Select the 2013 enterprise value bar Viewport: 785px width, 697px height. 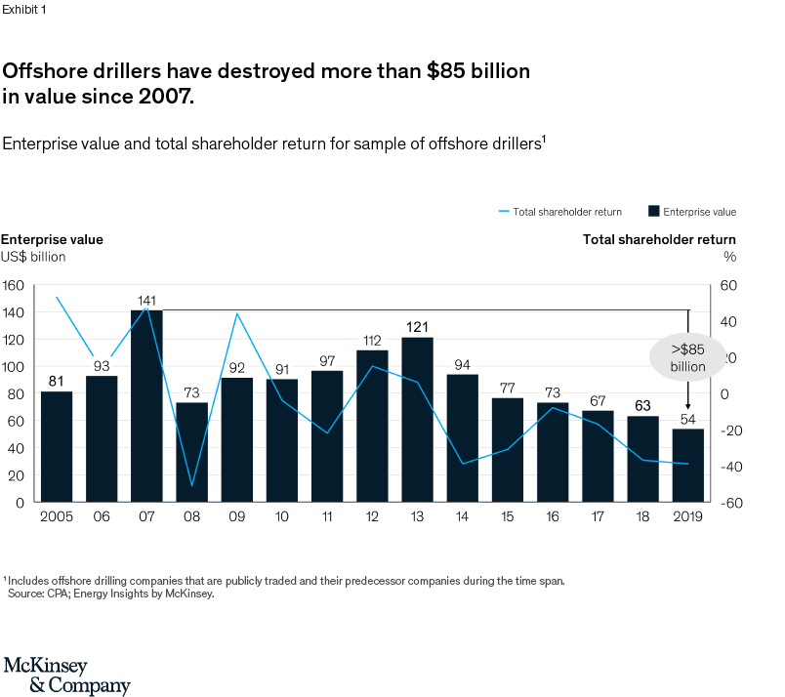point(418,420)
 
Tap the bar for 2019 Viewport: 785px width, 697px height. point(688,465)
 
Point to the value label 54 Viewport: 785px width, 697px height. point(688,419)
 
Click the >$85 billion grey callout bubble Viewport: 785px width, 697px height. point(687,357)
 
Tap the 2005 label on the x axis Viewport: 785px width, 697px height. point(56,515)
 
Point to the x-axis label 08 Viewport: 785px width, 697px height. point(191,515)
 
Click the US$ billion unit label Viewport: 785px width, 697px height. point(33,257)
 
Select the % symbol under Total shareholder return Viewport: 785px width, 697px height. point(729,257)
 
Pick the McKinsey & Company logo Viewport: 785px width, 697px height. point(66,676)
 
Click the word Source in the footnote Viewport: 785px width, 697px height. point(24,593)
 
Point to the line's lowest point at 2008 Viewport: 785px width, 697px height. point(191,485)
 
